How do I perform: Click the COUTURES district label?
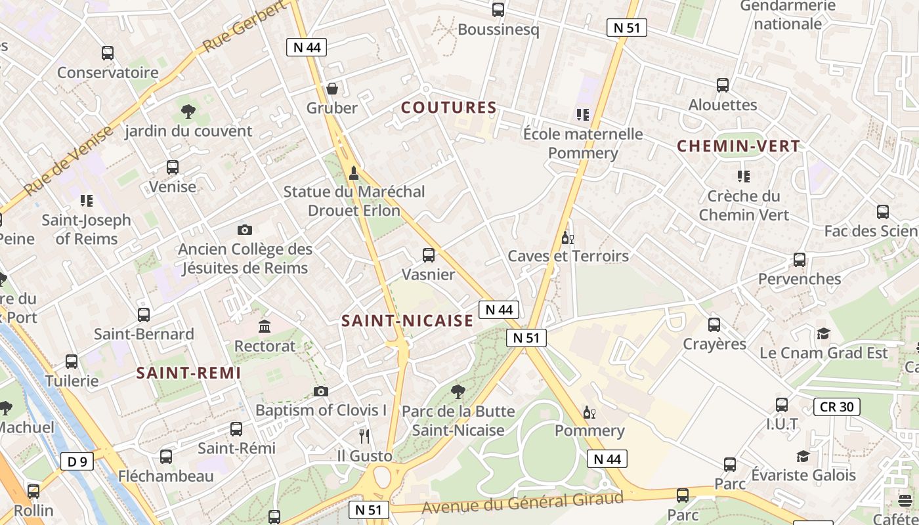448,108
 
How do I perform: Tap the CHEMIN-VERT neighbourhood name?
738,146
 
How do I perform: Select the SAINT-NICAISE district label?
407,320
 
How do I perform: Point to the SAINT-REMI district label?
188,373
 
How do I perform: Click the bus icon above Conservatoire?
108,53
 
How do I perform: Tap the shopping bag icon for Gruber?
333,89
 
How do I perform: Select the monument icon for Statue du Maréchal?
354,173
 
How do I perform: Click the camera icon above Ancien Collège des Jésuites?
245,230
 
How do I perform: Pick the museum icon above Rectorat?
265,326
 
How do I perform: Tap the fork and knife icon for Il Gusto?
364,436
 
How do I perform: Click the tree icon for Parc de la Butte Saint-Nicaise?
458,392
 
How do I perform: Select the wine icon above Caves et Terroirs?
568,238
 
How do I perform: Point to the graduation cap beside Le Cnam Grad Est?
823,334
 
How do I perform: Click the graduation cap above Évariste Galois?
803,456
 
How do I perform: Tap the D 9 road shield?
77,461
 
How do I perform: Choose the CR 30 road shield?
836,407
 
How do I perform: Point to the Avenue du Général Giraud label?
522,503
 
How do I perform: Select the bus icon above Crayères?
714,325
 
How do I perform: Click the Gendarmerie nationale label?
788,15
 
